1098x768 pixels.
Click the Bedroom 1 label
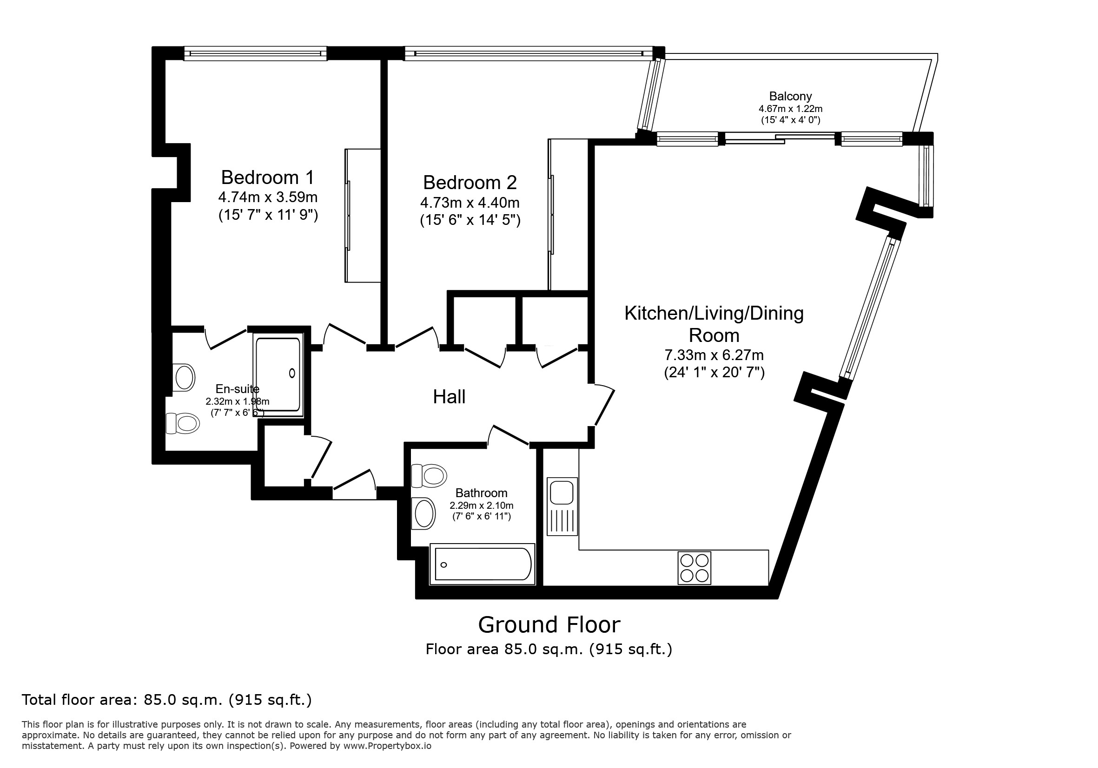tap(268, 177)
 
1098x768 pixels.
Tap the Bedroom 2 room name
tap(470, 183)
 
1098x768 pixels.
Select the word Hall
tap(449, 397)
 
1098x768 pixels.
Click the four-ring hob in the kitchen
tap(695, 568)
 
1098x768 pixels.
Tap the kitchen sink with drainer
tap(562, 506)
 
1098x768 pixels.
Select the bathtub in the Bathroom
tap(483, 564)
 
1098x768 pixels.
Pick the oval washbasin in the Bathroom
tap(423, 514)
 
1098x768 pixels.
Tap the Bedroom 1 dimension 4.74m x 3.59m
tap(268, 197)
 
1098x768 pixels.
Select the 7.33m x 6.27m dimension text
tap(714, 355)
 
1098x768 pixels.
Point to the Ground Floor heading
tap(549, 624)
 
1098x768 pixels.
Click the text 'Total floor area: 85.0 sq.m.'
tap(122, 700)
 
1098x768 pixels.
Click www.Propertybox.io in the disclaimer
tap(387, 746)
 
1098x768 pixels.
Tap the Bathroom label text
tap(481, 493)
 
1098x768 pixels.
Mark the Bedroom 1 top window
tap(255, 53)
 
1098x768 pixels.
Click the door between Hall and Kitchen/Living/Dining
tap(602, 404)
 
